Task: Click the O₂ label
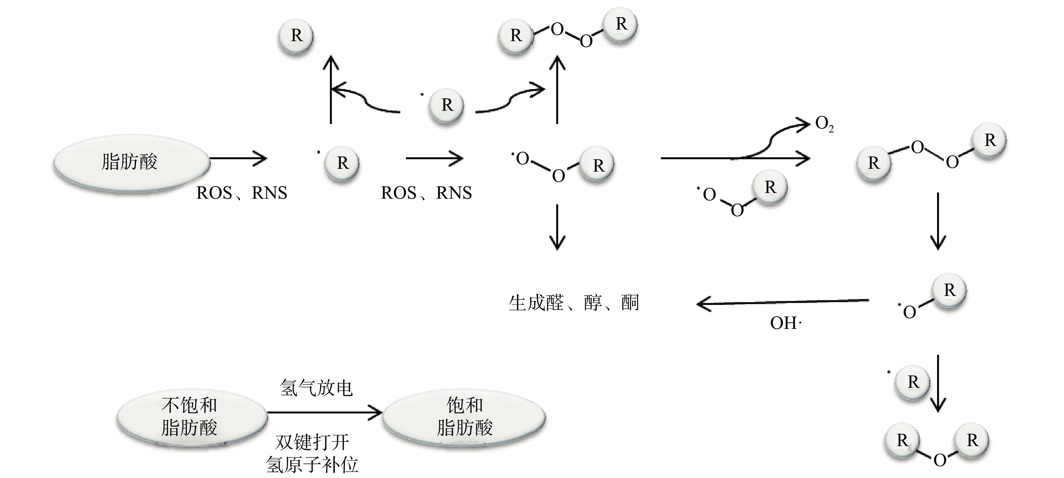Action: [824, 124]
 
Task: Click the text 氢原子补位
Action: [312, 465]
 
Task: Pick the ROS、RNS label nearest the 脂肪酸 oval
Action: [242, 193]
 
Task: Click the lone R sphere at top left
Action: [296, 36]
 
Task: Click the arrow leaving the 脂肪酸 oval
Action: [239, 158]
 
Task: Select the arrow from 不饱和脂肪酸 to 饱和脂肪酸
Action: [324, 412]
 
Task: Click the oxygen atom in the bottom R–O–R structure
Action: [940, 460]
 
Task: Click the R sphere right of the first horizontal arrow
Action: [342, 163]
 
